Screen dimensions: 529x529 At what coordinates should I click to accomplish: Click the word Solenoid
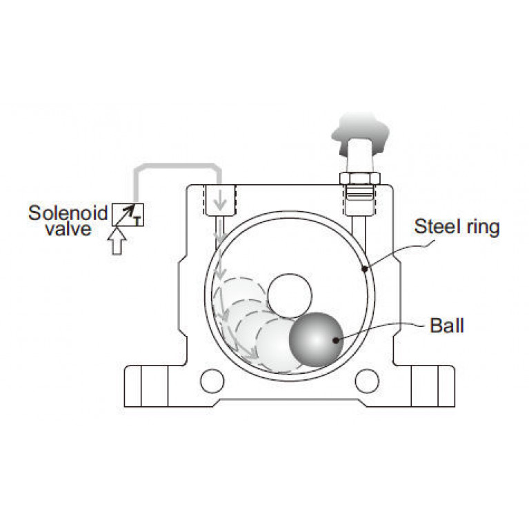(x=68, y=212)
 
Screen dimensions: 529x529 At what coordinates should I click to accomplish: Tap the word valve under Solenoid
(x=68, y=228)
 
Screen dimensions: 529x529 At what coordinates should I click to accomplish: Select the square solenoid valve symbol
(x=127, y=216)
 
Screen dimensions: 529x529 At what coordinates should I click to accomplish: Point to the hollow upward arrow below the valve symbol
(x=118, y=241)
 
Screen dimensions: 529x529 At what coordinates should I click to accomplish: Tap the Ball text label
(x=446, y=325)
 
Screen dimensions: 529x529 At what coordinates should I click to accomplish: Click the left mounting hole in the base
(x=211, y=380)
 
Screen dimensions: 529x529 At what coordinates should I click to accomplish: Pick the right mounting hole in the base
(x=367, y=380)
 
